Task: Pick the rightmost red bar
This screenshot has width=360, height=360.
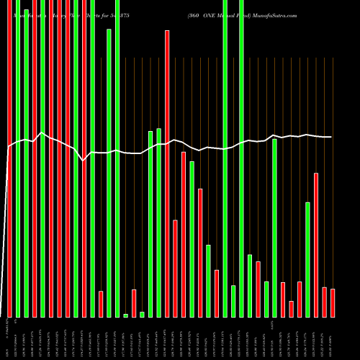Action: tap(333, 302)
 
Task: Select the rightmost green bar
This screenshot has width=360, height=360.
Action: tap(307, 259)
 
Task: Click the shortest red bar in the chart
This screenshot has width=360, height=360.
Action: tap(291, 309)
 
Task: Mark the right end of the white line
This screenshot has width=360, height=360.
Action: tap(331, 137)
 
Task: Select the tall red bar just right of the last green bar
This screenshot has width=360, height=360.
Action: tap(316, 245)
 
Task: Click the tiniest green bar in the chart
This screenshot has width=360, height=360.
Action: tap(125, 315)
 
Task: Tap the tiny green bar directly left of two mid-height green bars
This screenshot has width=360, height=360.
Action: tap(142, 314)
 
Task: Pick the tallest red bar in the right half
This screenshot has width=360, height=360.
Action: tap(167, 173)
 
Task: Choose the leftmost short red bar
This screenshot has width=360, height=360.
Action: tap(101, 304)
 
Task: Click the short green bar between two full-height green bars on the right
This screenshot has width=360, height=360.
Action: tap(233, 301)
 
